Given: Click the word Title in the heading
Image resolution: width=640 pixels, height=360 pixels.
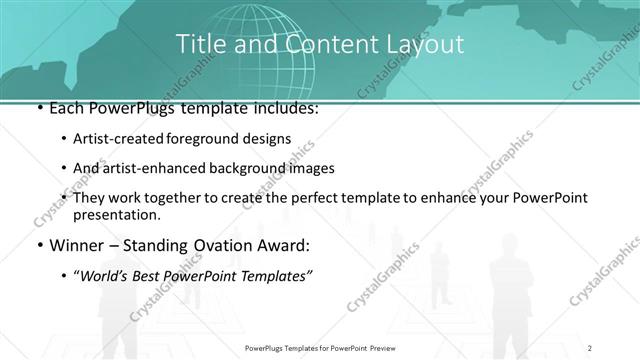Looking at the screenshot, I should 200,44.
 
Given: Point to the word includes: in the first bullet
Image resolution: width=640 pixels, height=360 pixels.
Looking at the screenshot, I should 287,108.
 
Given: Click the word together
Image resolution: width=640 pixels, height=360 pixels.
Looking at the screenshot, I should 166,198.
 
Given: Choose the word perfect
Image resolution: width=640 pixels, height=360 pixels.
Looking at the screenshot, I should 301,198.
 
